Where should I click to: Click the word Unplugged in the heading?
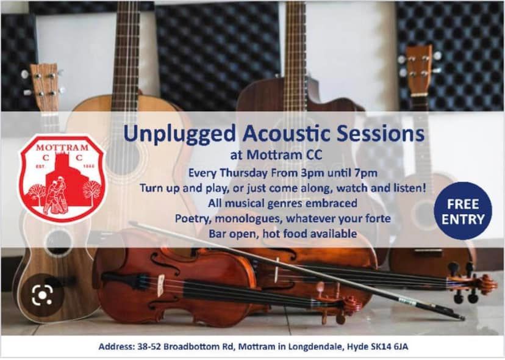pos(179,134)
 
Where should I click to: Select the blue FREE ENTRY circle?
pos(463,211)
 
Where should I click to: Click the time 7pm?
pos(365,173)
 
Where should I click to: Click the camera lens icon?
pos(42,295)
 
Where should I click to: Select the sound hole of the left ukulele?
pos(59,242)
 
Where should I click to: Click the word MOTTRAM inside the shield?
pos(62,148)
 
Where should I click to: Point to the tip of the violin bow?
pos(463,319)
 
